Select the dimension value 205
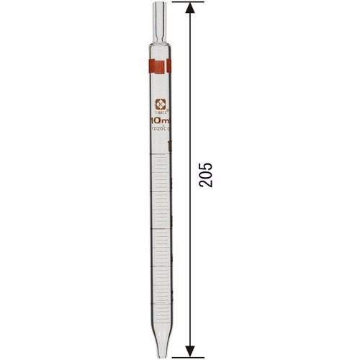point(207,174)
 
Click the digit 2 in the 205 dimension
point(207,184)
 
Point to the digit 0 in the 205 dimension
point(207,174)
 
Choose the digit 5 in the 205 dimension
point(207,164)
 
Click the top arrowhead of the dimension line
point(190,9)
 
